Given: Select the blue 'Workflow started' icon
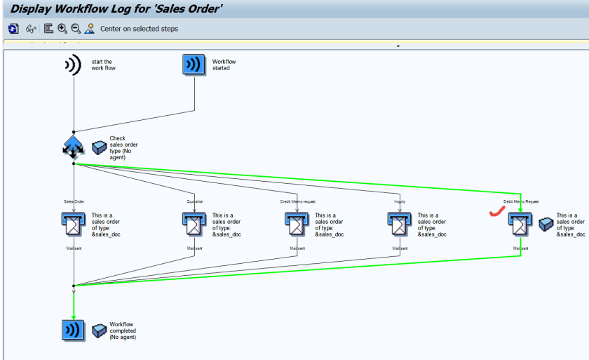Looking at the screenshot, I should (x=194, y=65).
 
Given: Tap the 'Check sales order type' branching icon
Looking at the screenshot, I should (x=73, y=147).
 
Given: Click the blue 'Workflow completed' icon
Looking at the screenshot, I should (x=73, y=330).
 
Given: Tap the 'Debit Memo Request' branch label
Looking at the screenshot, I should (x=520, y=201).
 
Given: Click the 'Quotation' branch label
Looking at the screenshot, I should (x=195, y=201).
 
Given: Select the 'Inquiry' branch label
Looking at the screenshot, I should (x=400, y=201).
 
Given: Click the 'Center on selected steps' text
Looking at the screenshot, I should (x=139, y=29).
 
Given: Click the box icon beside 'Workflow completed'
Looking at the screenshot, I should (x=99, y=330).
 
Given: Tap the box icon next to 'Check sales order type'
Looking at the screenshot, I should (x=99, y=147).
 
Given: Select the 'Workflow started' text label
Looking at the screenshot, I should (x=224, y=65).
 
